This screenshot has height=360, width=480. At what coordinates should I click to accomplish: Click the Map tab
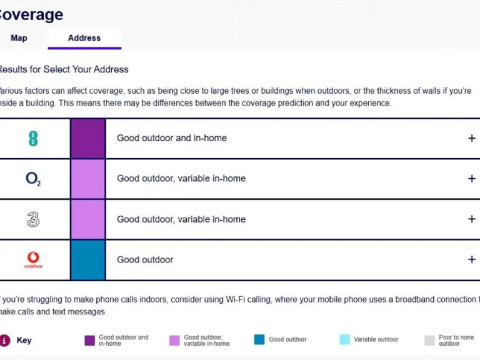[x=19, y=38]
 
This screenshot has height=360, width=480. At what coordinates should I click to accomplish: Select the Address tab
[x=84, y=38]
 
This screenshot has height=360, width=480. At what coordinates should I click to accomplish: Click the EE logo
[x=33, y=138]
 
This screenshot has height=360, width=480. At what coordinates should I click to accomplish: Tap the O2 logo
[x=33, y=179]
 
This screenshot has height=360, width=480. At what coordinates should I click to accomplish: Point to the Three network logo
[x=33, y=219]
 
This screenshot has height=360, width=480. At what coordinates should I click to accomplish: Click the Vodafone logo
[x=33, y=259]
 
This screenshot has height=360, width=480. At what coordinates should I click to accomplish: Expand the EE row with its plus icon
[x=471, y=138]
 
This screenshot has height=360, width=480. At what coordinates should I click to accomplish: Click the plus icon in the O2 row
[x=471, y=179]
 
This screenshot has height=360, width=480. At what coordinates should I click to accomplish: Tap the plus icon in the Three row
[x=471, y=219]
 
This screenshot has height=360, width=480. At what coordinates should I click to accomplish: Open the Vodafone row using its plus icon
[x=471, y=259]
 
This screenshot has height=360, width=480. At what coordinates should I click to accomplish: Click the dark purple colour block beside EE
[x=87, y=138]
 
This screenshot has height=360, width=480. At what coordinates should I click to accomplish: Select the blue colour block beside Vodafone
[x=87, y=259]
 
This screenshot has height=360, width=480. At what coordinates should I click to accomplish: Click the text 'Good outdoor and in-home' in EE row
[x=172, y=138]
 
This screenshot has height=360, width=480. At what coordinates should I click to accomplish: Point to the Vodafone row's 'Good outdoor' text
[x=145, y=259]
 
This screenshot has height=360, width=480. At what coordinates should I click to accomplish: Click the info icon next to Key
[x=5, y=340]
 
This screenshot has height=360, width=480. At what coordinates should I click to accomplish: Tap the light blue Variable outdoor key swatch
[x=344, y=340]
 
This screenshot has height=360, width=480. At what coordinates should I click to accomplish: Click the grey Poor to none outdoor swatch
[x=429, y=340]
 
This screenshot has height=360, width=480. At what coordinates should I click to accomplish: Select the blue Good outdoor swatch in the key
[x=259, y=340]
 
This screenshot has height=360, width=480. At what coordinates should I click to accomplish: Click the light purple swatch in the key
[x=174, y=340]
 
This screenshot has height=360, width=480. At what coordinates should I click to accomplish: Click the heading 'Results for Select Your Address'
[x=64, y=69]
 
